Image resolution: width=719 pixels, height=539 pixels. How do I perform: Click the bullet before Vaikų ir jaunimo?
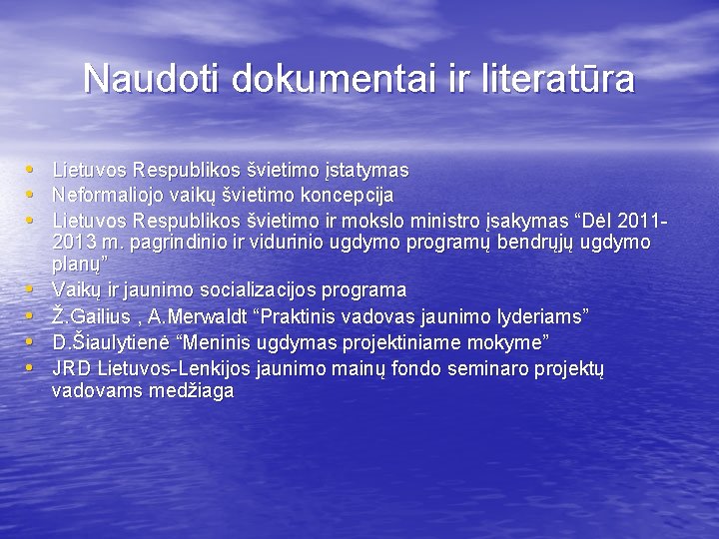31,289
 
